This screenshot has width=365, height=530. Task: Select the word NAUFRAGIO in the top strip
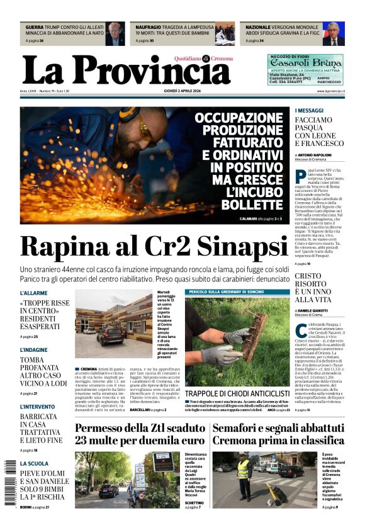click(x=149, y=28)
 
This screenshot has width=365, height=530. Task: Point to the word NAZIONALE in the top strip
click(x=257, y=28)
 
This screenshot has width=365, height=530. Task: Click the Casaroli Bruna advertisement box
click(x=305, y=69)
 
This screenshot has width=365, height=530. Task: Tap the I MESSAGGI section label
click(x=309, y=111)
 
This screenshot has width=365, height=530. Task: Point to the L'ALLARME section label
click(x=33, y=293)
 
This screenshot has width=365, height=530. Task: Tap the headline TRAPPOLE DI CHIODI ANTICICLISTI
click(x=237, y=393)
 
